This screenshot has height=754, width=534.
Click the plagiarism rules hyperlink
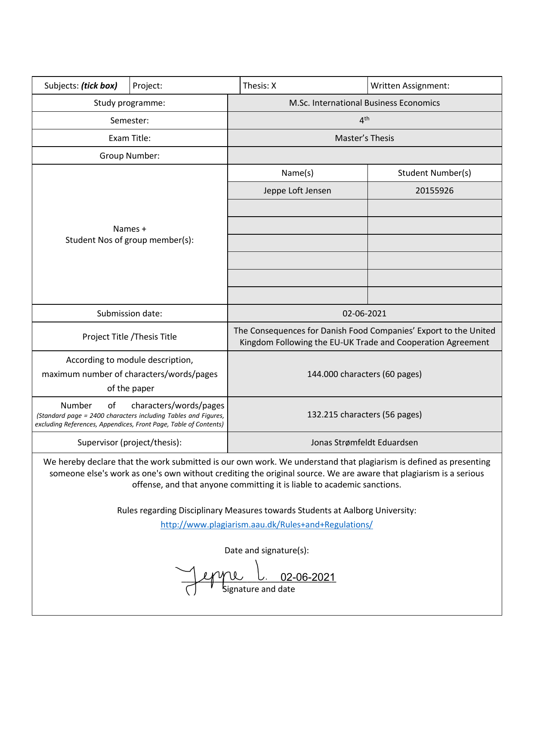tap(266, 524)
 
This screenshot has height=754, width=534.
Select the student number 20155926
tap(434, 190)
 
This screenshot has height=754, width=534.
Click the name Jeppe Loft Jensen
tap(297, 190)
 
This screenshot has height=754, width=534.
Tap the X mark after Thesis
tap(274, 86)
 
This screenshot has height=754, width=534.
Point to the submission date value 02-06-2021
tap(364, 313)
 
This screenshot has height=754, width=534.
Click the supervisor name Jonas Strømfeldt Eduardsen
tap(364, 442)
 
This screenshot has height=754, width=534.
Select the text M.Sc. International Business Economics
tap(364, 103)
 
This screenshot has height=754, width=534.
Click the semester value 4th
tap(364, 120)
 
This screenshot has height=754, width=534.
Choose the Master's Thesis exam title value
tap(364, 138)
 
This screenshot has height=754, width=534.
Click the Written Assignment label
tap(410, 86)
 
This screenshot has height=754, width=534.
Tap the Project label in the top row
tap(147, 86)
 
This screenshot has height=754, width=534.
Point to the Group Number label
tap(130, 156)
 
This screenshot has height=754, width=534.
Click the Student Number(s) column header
tap(434, 173)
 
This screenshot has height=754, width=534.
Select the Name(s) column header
tap(297, 173)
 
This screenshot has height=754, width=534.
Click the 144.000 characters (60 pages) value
tap(364, 374)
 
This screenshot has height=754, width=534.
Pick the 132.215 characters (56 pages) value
tap(364, 414)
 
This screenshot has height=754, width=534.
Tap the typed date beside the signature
tap(308, 577)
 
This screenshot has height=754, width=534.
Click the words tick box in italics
tap(99, 86)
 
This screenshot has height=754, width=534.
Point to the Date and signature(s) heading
tap(266, 550)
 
